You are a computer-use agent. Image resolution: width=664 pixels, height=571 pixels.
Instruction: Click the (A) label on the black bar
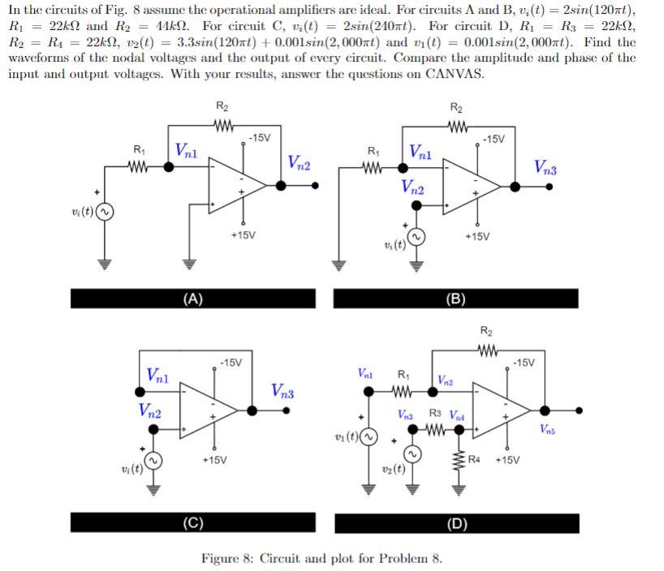(x=192, y=298)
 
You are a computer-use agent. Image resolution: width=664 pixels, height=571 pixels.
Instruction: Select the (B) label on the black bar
(x=456, y=298)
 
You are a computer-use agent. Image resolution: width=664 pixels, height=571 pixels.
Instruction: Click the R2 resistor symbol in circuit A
(x=221, y=125)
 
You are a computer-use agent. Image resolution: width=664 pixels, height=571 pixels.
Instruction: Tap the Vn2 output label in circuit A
(x=302, y=161)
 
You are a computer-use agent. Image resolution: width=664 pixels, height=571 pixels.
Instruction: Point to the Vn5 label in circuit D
(x=550, y=427)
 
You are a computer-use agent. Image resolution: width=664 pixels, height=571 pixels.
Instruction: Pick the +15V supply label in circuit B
(x=479, y=236)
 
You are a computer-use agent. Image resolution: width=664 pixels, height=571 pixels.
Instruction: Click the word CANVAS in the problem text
(x=455, y=74)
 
